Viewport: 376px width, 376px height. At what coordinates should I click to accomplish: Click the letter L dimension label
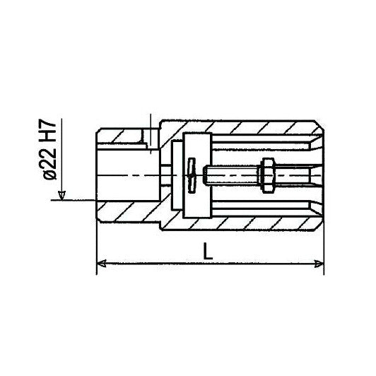(208, 251)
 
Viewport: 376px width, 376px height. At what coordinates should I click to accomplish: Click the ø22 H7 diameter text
(50, 150)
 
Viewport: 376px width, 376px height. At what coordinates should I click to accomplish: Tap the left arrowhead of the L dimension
(102, 264)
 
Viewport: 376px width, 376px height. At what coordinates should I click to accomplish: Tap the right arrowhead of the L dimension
(319, 264)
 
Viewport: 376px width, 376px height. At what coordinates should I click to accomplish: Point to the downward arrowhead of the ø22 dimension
(62, 196)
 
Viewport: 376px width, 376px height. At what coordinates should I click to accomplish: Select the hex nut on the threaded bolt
(268, 175)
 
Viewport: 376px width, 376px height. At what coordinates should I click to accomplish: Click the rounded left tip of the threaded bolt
(204, 175)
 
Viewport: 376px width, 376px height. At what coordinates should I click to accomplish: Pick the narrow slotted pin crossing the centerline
(192, 175)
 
